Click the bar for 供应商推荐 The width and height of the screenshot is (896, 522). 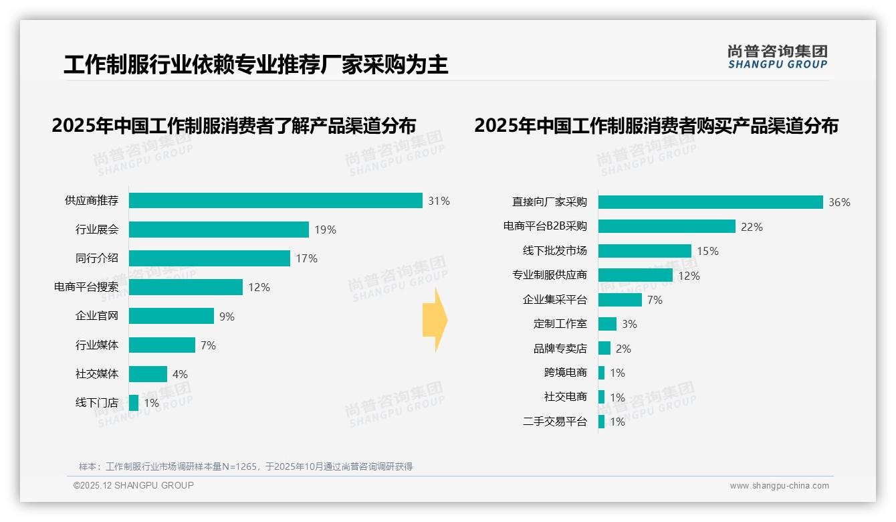[x=275, y=201]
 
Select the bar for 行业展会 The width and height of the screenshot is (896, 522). [x=219, y=230]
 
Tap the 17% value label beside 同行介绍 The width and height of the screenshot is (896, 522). [x=306, y=258]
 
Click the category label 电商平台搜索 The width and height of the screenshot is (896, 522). [x=86, y=287]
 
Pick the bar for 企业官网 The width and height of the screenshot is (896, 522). [x=171, y=316]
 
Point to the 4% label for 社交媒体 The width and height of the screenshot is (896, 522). [x=180, y=374]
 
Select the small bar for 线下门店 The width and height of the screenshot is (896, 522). [x=134, y=403]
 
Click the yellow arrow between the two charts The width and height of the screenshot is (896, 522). [x=435, y=321]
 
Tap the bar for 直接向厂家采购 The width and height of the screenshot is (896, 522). [x=710, y=202]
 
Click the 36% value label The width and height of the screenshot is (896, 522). [x=839, y=202]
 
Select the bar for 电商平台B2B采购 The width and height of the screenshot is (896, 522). [x=667, y=226]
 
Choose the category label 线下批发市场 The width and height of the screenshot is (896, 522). [x=554, y=251]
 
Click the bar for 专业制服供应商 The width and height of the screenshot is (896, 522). [x=635, y=275]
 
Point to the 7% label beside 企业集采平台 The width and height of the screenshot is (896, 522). [x=655, y=300]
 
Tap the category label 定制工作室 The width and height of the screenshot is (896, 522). [x=560, y=324]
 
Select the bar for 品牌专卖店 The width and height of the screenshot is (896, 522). [x=604, y=348]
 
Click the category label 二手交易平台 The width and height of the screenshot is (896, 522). [x=554, y=422]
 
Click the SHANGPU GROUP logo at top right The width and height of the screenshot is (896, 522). [x=777, y=57]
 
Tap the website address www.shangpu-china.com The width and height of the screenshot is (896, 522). [x=779, y=486]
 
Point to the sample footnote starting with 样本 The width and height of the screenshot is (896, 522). [x=245, y=466]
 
